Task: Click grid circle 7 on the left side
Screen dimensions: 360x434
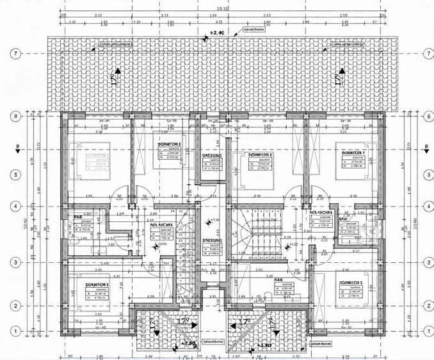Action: point(15,53)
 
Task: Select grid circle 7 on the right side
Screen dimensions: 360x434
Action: point(426,53)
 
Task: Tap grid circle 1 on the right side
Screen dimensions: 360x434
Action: point(426,330)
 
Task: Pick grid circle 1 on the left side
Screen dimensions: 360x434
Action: point(15,330)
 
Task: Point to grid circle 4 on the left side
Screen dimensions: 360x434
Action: point(15,207)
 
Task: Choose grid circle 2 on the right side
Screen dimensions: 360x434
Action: point(426,306)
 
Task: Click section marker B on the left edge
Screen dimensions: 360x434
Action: point(18,148)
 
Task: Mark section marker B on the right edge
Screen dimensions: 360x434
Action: point(425,148)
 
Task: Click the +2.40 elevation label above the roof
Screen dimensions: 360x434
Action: point(216,33)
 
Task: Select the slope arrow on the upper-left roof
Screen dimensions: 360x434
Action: point(116,77)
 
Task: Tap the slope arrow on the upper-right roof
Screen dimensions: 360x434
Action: point(337,77)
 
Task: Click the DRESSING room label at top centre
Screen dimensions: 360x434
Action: point(213,155)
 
